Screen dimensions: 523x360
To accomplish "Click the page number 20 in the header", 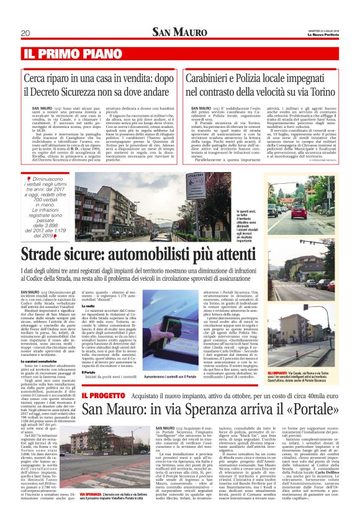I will [x=25, y=33].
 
